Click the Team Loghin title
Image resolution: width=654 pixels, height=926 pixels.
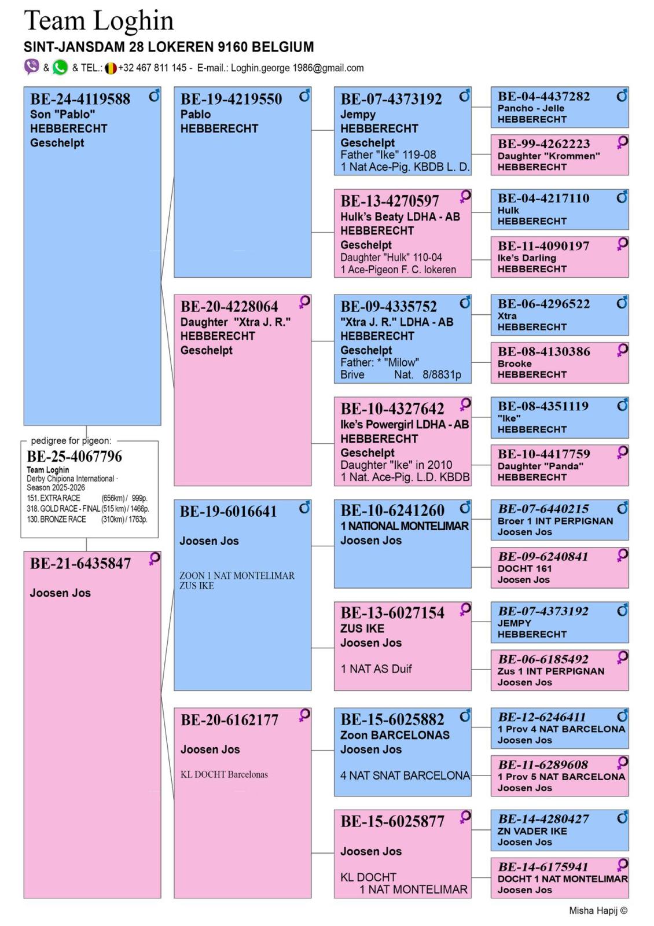click(x=99, y=21)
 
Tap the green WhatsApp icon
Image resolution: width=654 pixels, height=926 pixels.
click(x=60, y=67)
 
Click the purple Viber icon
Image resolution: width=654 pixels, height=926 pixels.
click(x=31, y=67)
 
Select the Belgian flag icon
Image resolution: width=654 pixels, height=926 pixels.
click(x=111, y=68)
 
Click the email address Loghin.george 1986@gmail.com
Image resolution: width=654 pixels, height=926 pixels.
click(x=297, y=68)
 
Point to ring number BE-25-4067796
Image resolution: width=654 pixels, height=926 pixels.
click(x=75, y=457)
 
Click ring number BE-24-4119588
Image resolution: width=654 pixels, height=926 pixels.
click(x=80, y=99)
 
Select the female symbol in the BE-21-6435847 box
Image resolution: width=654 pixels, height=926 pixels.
click(x=154, y=559)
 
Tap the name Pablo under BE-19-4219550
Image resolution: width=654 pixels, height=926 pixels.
click(x=196, y=114)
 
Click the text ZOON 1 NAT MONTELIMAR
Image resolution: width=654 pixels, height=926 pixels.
click(x=237, y=575)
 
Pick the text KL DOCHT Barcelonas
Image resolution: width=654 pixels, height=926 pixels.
click(x=224, y=774)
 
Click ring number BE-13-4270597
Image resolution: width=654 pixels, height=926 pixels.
click(x=390, y=201)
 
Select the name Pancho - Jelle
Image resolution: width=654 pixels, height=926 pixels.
click(x=531, y=108)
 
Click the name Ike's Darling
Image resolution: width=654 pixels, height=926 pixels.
click(x=527, y=258)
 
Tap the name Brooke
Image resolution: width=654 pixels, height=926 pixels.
click(x=515, y=364)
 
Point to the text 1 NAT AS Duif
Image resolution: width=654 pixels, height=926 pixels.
click(x=376, y=669)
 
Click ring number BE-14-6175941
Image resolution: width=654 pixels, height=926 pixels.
click(x=543, y=866)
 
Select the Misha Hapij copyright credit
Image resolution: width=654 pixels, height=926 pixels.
click(x=598, y=910)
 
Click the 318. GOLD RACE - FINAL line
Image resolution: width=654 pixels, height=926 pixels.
click(x=87, y=509)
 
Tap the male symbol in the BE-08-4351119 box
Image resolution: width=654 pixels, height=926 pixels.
click(x=622, y=405)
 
